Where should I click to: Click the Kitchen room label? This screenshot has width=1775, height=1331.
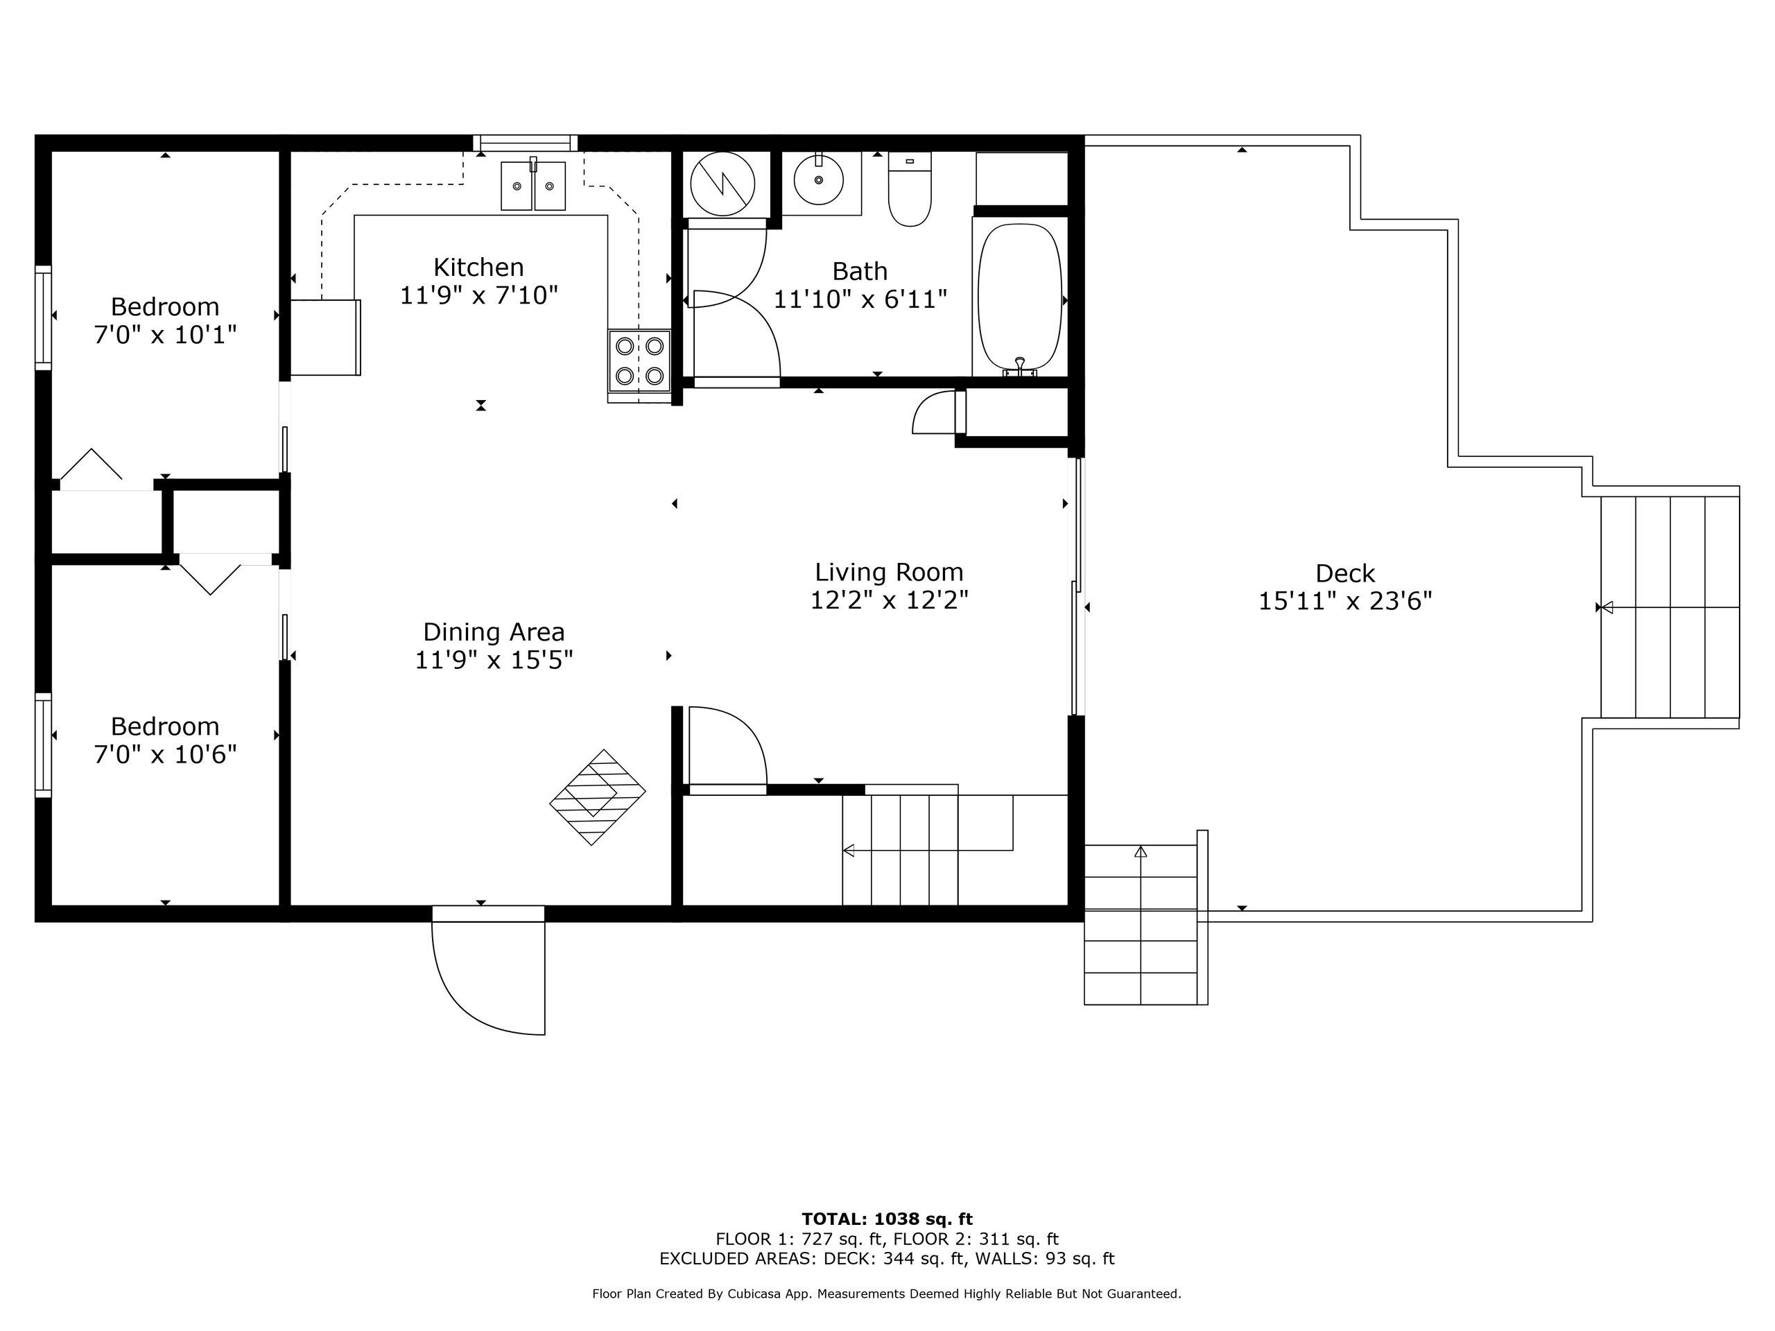click(x=478, y=267)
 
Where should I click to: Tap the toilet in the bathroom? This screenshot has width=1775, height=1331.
click(x=909, y=189)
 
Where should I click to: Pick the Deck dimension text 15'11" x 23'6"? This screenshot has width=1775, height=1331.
click(x=1345, y=601)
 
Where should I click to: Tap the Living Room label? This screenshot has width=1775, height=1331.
click(x=889, y=572)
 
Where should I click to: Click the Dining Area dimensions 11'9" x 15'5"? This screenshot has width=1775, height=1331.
click(x=494, y=660)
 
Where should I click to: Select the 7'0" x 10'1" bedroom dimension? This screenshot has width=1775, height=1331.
click(x=165, y=335)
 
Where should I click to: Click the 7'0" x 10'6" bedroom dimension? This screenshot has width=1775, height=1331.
click(x=165, y=754)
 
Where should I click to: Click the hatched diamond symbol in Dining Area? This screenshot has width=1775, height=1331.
click(x=597, y=797)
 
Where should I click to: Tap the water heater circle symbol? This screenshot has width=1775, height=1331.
click(x=722, y=184)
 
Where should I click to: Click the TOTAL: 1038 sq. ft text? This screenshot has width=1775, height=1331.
click(x=887, y=1219)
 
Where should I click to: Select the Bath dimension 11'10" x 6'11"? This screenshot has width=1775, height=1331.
click(x=860, y=299)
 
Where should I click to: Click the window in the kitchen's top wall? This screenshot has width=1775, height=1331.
click(x=526, y=143)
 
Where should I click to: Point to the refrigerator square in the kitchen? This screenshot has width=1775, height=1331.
click(x=325, y=337)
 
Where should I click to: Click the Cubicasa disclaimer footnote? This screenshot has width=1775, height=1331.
click(x=887, y=1294)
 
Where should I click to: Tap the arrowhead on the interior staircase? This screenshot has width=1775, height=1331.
click(x=847, y=851)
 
